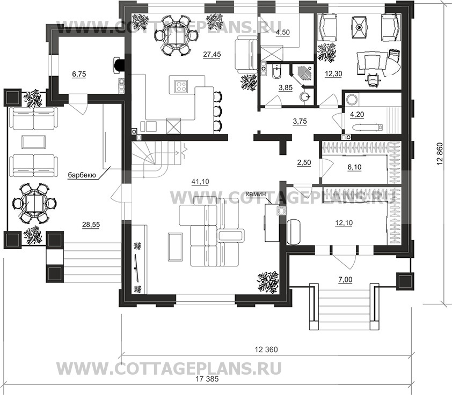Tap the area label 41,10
(x=199, y=182)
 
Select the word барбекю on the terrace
(x=82, y=175)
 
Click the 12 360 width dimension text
(x=267, y=349)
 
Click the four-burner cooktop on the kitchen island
(x=182, y=85)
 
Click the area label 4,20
(x=357, y=114)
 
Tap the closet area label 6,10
(x=355, y=167)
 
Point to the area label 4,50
(x=283, y=33)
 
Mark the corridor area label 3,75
(x=300, y=121)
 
